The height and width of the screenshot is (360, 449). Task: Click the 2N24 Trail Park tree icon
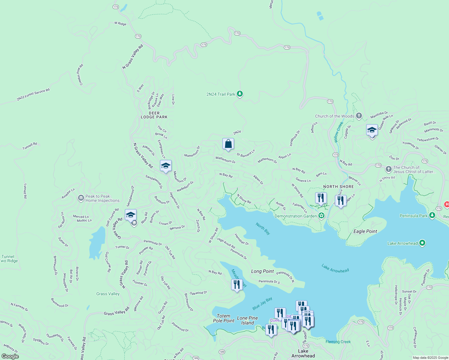240,94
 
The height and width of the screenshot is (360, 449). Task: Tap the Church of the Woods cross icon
359,116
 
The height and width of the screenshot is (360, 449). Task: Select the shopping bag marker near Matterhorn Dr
228,144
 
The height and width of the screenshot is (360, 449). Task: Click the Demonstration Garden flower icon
321,216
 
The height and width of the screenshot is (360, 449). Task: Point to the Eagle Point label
365,231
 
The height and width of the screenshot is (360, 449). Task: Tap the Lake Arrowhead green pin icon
422,243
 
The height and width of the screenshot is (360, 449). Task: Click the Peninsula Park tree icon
432,215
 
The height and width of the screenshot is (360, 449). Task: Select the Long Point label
262,271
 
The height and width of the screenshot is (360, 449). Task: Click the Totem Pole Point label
224,318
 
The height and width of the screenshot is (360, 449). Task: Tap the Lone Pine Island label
247,320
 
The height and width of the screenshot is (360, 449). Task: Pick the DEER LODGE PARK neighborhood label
154,115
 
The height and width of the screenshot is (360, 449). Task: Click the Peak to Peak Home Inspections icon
81,198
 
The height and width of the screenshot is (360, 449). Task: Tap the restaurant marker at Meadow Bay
237,285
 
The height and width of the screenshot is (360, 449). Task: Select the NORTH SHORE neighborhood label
338,187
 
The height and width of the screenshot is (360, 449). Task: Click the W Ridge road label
120,23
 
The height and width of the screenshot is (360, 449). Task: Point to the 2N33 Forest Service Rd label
33,94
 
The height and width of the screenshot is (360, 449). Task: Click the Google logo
10,356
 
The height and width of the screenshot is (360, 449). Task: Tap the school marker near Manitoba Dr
372,130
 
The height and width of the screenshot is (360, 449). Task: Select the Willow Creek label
338,132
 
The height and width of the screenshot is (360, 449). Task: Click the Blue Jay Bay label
262,303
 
